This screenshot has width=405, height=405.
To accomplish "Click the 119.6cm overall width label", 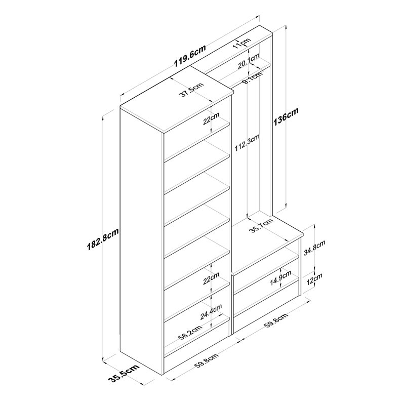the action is pos(190,56).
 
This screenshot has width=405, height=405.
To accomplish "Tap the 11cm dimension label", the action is pos(241,43).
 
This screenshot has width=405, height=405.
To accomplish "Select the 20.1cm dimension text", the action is pos(249,61).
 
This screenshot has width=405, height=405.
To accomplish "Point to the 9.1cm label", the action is pos(252,78).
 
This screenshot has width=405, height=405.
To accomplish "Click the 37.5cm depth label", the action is pos(191,90).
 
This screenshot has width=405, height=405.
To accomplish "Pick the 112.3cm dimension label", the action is pos(247,143).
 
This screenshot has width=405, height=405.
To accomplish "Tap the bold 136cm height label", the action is pos(286,116).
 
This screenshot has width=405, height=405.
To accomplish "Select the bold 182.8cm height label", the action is pos(103,239).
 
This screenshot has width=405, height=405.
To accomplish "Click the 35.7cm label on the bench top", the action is pos(262,226).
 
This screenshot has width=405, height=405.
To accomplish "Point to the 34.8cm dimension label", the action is pos(314,248).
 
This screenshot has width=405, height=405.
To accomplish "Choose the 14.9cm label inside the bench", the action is pos(280,278).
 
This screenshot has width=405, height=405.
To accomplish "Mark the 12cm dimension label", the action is pos(314,279).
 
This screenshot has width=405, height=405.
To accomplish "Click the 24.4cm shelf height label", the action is pos(211,312).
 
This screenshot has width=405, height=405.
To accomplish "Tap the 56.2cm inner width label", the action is pos(190,333).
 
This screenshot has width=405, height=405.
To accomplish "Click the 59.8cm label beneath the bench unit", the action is pos(276,321).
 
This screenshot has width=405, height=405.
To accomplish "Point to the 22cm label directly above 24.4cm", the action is pos(211,278).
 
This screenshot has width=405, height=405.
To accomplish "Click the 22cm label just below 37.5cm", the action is pos(211,118).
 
